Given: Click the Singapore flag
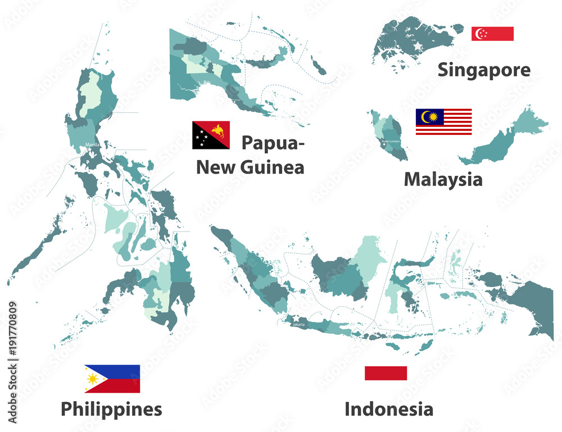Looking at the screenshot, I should tap(492, 34).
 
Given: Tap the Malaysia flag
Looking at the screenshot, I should tap(443, 122).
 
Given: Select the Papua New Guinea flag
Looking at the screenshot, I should tap(211, 135).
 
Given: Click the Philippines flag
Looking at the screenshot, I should tap(112, 379).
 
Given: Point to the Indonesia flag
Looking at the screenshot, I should tap(386, 373).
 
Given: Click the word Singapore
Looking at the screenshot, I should tap(483, 70).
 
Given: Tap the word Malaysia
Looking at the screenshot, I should tap(443, 180).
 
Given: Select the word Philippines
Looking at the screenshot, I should tap(111, 409).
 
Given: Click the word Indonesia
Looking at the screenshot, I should tap(389, 409).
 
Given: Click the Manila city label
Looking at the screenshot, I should tap(92, 145).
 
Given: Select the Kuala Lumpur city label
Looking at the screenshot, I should tap(392, 141).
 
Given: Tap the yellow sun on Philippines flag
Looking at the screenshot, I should tap(93, 379).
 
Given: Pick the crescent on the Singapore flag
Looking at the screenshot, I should tap(479, 34).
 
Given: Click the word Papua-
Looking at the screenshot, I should tap(273, 143).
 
